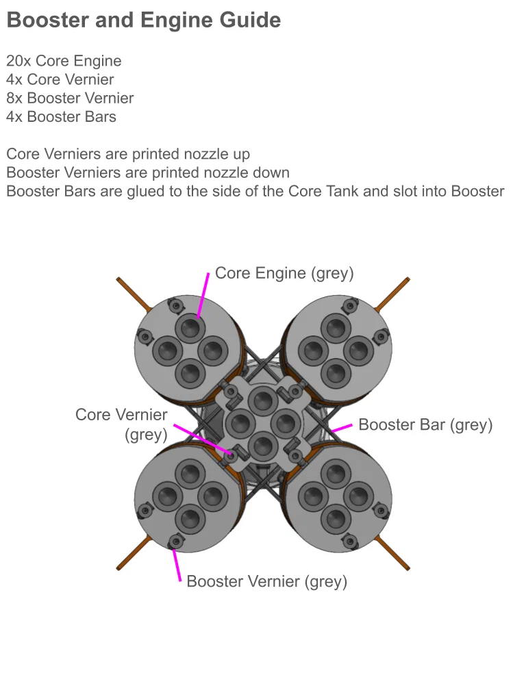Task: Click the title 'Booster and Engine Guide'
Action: (x=143, y=21)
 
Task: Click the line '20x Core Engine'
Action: (x=64, y=61)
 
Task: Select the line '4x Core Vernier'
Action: (x=60, y=79)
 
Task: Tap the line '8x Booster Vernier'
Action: (x=70, y=98)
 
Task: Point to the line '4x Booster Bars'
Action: (x=61, y=116)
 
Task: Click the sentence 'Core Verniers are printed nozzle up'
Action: (x=128, y=154)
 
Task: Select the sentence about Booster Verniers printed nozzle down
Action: (x=148, y=172)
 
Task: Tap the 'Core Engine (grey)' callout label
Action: (x=284, y=273)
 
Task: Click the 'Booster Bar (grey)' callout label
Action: (x=425, y=424)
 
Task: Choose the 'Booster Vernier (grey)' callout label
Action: (x=266, y=582)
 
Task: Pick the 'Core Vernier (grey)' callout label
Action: (x=121, y=424)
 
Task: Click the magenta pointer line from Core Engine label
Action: (x=203, y=295)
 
